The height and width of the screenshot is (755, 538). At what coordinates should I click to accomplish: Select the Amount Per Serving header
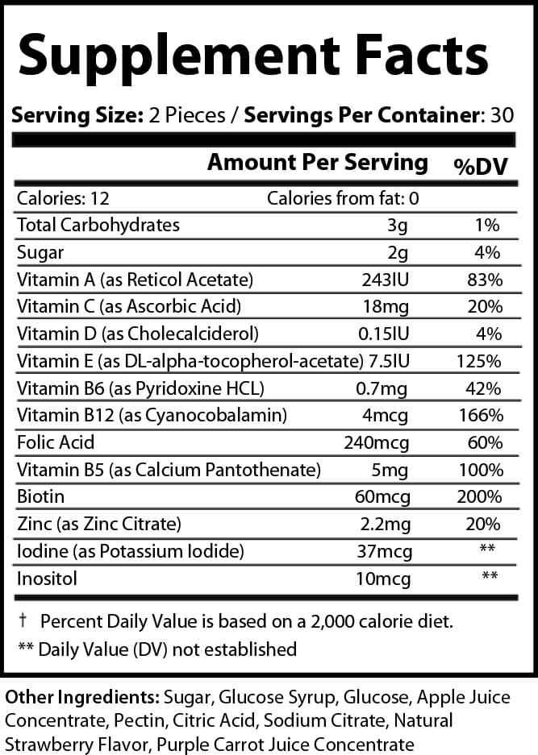pos(318,162)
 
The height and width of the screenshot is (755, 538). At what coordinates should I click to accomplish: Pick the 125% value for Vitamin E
pos(483,361)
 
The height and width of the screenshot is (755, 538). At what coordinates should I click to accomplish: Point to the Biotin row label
pos(40,496)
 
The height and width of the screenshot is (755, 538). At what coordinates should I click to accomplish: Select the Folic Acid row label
pos(56,442)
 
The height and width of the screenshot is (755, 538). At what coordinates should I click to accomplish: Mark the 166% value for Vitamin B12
pos(483,415)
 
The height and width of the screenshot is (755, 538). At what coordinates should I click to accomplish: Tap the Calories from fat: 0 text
pos(343,198)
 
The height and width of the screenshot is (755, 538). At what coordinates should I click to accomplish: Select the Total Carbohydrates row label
pos(98,226)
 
